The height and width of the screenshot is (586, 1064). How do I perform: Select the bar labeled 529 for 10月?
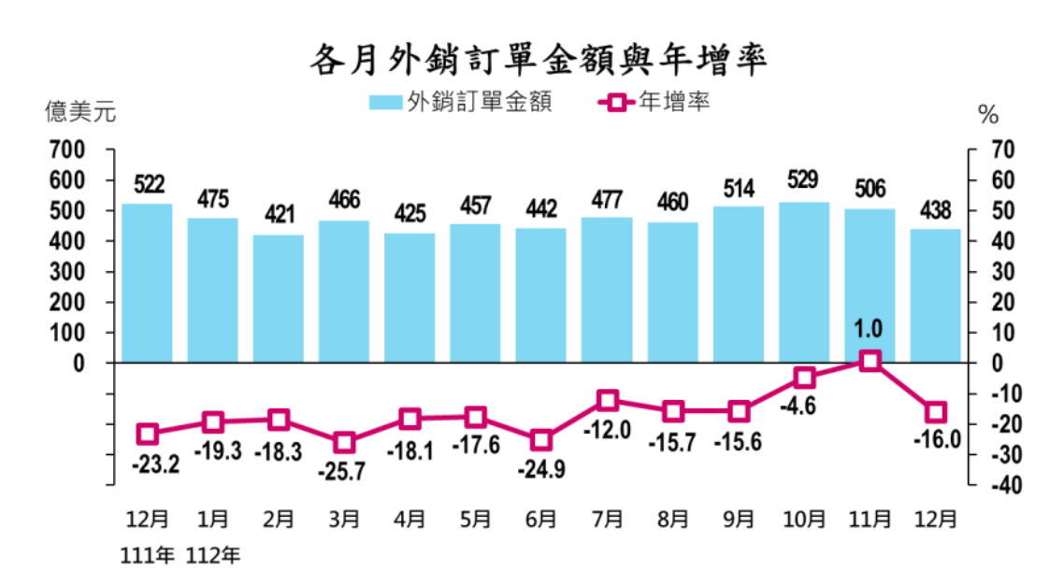pos(804,281)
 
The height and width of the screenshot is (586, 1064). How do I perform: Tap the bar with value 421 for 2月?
pos(279,298)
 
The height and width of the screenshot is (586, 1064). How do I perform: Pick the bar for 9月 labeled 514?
pos(739,284)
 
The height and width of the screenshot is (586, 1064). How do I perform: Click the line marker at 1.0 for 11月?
pos(870,361)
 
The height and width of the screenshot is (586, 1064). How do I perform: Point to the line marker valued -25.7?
pos(344,442)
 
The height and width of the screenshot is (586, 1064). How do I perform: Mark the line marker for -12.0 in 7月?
pos(608,401)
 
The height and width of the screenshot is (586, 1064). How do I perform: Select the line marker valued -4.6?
pos(804,378)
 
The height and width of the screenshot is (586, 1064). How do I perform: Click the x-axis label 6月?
pos(541,519)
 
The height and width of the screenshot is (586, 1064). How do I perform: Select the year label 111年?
pos(147,556)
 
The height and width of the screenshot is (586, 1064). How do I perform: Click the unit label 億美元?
pos(80,113)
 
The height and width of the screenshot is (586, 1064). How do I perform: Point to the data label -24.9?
pos(541,467)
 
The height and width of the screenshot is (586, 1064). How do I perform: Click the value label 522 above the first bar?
pos(147,184)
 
